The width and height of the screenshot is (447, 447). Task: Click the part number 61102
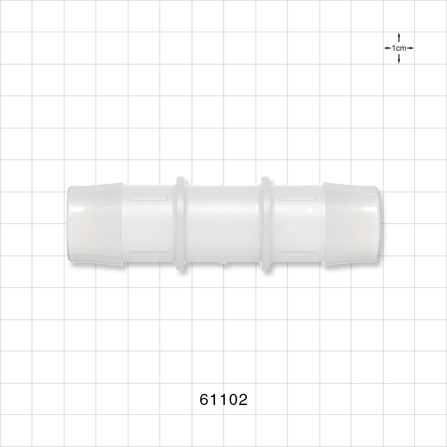point(223,399)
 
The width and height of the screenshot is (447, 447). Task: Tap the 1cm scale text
point(398,48)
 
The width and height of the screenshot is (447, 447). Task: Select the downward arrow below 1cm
point(398,59)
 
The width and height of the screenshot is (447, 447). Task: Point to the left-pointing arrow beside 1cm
point(387,48)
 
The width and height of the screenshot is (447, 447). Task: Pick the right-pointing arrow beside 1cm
point(410,48)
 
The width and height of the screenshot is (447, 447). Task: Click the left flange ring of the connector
point(181,223)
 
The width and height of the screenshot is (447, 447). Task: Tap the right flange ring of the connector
point(266,223)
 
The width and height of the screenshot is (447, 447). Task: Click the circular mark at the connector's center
point(220,226)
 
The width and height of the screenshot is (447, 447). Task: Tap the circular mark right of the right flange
point(291,226)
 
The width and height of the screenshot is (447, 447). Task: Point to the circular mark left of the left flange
point(156,227)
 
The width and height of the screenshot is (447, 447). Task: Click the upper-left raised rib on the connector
point(148,198)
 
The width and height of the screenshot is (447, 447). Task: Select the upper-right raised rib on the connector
point(298,198)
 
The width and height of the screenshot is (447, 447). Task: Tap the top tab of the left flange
point(181,180)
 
